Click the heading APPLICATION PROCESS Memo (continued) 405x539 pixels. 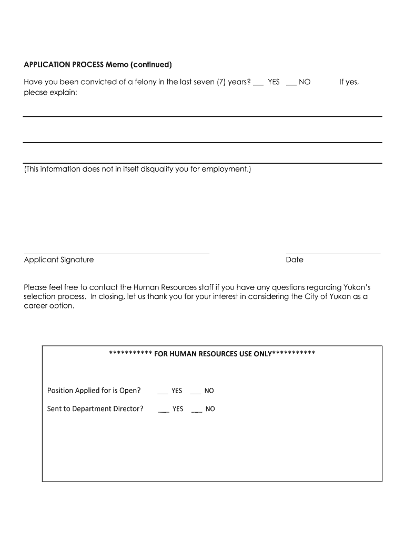click(98, 65)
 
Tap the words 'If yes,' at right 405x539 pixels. click(349, 82)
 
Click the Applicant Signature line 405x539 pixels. click(116, 253)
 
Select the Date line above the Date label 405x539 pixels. click(332, 253)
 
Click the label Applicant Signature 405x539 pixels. click(59, 260)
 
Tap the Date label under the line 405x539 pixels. click(295, 260)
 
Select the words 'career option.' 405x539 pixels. click(49, 306)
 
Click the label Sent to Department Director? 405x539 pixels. click(95, 409)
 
